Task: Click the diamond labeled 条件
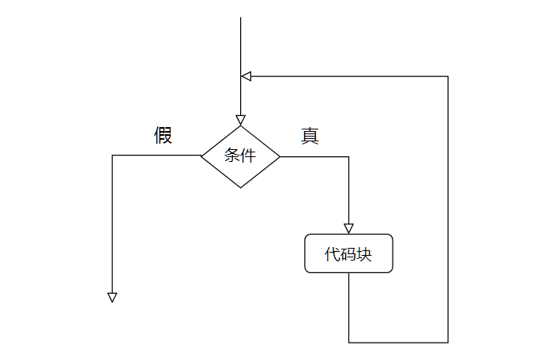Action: click(240, 156)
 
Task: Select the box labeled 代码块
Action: click(348, 253)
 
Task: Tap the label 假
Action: click(163, 136)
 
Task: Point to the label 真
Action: click(310, 136)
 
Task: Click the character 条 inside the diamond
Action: click(232, 156)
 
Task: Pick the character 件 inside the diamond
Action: click(248, 156)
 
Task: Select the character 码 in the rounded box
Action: click(348, 254)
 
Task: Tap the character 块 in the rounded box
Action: click(363, 254)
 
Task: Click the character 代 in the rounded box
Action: click(333, 254)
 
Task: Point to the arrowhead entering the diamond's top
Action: click(240, 120)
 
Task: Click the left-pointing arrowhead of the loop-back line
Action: click(246, 77)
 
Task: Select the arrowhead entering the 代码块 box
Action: click(348, 229)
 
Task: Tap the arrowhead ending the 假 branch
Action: click(112, 298)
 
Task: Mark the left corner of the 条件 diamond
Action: click(201, 156)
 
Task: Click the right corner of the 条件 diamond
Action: click(280, 156)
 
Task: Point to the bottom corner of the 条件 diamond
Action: click(240, 187)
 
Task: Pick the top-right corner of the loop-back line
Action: click(448, 77)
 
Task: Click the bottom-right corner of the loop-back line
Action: click(448, 343)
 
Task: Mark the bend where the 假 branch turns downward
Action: click(112, 156)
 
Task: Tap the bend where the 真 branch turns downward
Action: click(348, 156)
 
